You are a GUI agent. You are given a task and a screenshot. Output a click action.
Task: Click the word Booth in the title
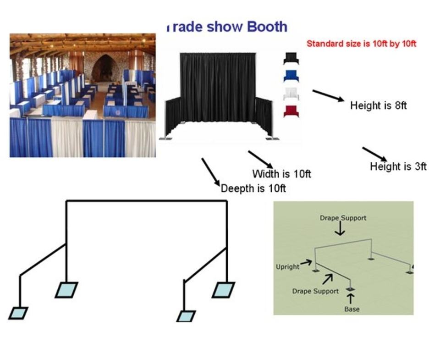[x=267, y=27]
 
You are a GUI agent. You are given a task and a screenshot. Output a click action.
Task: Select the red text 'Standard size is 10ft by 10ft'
[x=361, y=44]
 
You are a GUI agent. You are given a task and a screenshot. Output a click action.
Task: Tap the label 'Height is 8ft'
[x=378, y=105]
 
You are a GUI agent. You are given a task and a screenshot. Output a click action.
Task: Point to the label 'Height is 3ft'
[x=398, y=166]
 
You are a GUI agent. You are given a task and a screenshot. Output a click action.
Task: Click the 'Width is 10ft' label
[x=281, y=174]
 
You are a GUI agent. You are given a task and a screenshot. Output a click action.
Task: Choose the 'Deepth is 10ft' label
[x=253, y=188]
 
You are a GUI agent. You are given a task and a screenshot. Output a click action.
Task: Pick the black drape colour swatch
[x=291, y=58]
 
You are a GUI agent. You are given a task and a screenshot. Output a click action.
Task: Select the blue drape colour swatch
[x=291, y=76]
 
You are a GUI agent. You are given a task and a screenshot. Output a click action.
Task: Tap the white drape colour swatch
[x=291, y=94]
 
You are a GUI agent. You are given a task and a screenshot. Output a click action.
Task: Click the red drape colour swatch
[x=291, y=111]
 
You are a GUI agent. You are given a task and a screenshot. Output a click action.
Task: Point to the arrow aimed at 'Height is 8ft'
[x=328, y=95]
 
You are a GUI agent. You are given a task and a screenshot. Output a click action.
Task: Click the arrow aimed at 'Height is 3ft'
[x=374, y=154]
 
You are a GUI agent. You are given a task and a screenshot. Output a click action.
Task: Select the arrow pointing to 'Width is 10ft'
[x=260, y=159]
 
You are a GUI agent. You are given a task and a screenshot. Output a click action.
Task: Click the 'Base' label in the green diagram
[x=352, y=309]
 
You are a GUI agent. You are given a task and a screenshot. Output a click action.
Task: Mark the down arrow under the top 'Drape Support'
[x=340, y=228]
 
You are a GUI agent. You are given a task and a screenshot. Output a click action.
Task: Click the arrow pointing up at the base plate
[x=351, y=298]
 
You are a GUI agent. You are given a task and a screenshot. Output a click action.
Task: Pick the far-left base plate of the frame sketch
[x=18, y=313]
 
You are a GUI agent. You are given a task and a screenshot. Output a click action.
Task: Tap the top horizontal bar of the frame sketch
[x=147, y=201]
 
